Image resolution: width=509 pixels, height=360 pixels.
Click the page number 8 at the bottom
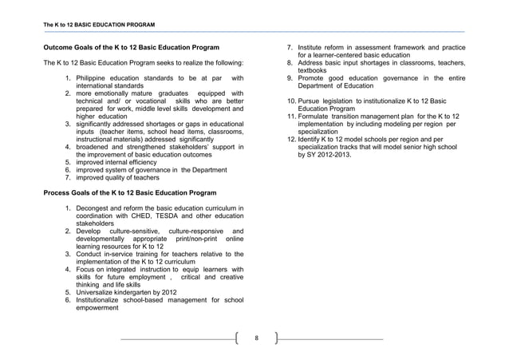coord(256,338)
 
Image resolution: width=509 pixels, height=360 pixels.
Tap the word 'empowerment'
coord(101,311)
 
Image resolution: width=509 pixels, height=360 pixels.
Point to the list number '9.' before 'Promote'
coord(290,78)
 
